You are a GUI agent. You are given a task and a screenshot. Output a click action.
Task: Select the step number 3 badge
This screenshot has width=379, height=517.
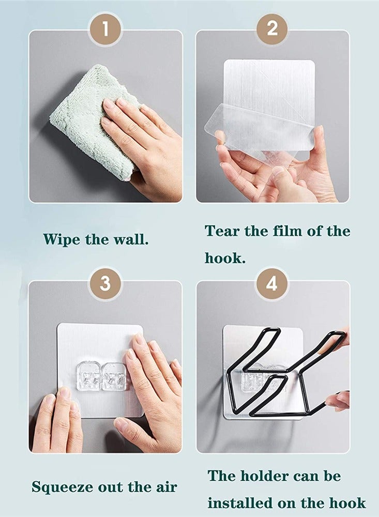105,283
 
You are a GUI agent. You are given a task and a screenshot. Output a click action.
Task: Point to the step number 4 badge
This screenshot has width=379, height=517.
272,283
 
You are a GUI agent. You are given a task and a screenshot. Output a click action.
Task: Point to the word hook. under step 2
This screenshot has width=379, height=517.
225,258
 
